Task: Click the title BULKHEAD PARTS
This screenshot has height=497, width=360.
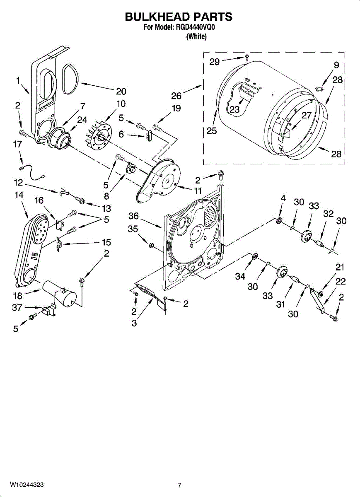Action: (179, 17)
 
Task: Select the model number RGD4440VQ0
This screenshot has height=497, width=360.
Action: (194, 28)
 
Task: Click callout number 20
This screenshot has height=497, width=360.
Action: (121, 92)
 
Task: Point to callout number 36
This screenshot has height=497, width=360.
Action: (133, 216)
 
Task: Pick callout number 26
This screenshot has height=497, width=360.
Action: (176, 96)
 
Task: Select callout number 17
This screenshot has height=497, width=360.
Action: (17, 145)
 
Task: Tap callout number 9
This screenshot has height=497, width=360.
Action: (336, 65)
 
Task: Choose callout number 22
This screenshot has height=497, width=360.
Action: (341, 282)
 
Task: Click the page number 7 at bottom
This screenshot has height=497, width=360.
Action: (179, 485)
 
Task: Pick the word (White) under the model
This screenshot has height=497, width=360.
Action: (196, 36)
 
